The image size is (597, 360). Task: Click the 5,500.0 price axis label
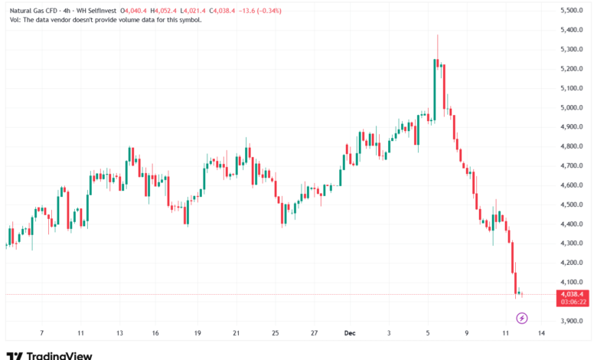573,10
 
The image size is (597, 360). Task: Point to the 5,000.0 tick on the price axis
573,107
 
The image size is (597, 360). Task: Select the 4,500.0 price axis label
573,205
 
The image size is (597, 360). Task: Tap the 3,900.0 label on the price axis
573,321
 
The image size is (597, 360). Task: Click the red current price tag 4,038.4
573,293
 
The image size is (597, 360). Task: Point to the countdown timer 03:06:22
573,302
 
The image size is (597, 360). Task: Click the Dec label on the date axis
349,334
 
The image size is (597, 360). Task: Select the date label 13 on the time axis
120,334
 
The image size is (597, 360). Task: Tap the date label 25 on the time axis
276,334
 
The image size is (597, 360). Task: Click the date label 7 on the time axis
41,334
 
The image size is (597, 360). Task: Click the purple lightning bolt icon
522,317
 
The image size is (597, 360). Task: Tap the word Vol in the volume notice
15,20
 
